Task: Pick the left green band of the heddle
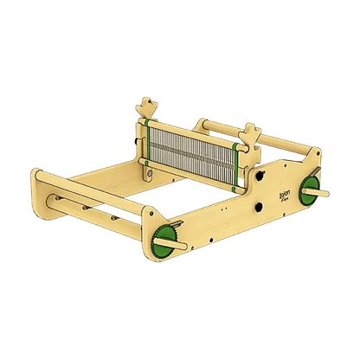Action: pyautogui.click(x=148, y=142)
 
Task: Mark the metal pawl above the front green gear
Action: pyautogui.click(x=177, y=223)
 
